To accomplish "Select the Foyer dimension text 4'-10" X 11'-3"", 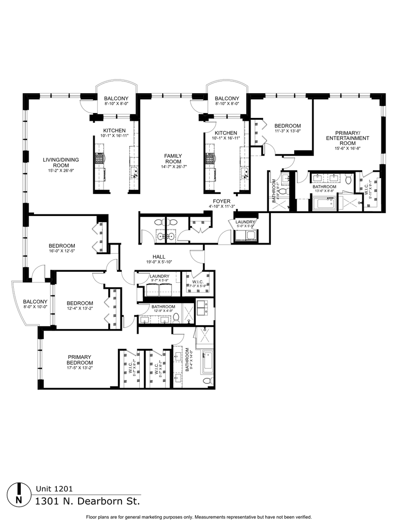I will (221, 207).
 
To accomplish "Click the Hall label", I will (159, 257).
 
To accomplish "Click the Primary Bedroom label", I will (80, 360).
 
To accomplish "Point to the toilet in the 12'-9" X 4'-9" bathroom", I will (176, 318).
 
